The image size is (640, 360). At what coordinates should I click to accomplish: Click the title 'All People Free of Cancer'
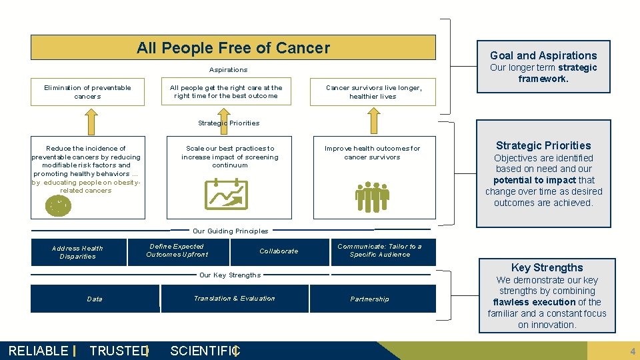click(x=233, y=48)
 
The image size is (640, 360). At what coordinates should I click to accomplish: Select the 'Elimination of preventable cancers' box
click(x=87, y=92)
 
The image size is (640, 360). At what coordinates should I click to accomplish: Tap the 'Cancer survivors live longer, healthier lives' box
click(x=373, y=92)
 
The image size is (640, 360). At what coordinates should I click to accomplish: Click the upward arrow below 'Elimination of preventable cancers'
click(x=87, y=120)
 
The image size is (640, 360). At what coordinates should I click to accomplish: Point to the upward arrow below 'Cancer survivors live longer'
click(x=373, y=120)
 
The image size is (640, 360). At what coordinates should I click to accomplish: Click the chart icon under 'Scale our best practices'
click(x=227, y=194)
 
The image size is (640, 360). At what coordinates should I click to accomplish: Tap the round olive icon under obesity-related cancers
click(x=58, y=206)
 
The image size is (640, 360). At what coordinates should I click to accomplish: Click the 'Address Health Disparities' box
click(x=77, y=252)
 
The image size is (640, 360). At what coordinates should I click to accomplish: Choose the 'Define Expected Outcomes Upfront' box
click(x=177, y=251)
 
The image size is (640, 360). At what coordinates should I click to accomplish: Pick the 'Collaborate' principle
click(x=279, y=251)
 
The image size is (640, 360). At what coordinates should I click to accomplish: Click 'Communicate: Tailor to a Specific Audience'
click(x=383, y=251)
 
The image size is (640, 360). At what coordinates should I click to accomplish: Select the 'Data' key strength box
click(x=95, y=299)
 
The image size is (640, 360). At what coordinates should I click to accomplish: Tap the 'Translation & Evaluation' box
click(x=235, y=299)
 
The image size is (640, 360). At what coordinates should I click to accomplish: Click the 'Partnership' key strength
click(x=370, y=299)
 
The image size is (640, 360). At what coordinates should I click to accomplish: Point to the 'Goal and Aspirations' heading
click(x=543, y=55)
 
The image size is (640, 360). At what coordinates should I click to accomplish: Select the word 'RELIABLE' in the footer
click(x=38, y=351)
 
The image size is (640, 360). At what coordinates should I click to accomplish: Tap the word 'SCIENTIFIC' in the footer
click(x=203, y=351)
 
